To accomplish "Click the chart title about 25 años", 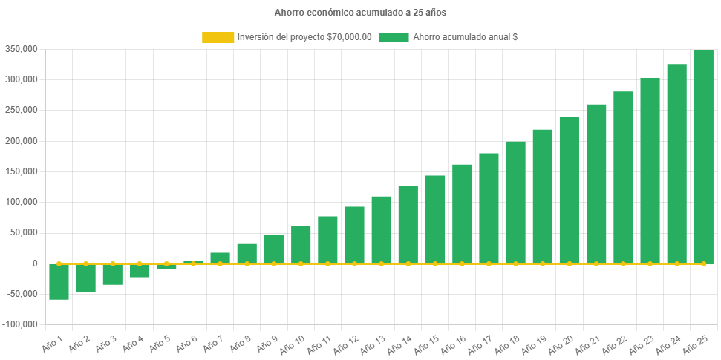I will (x=360, y=13).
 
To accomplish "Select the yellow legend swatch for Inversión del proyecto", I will (x=218, y=37).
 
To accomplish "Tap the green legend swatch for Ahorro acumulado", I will (x=394, y=37).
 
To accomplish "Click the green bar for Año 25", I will (x=703, y=156).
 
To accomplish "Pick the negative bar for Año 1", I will (x=59, y=282).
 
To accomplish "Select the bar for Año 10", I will (x=301, y=244).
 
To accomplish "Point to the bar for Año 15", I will (x=435, y=219).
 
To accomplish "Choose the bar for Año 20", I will (x=570, y=190).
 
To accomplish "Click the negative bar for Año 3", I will (x=112, y=275).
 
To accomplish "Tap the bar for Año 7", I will (x=220, y=258).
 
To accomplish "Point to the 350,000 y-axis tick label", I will (x=21, y=49).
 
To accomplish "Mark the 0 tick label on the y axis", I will (x=34, y=264).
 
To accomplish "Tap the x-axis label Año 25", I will (x=697, y=345).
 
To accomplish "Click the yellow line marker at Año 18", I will (x=515, y=264).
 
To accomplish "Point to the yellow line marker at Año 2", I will (x=85, y=264).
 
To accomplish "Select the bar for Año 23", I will (x=650, y=170).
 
